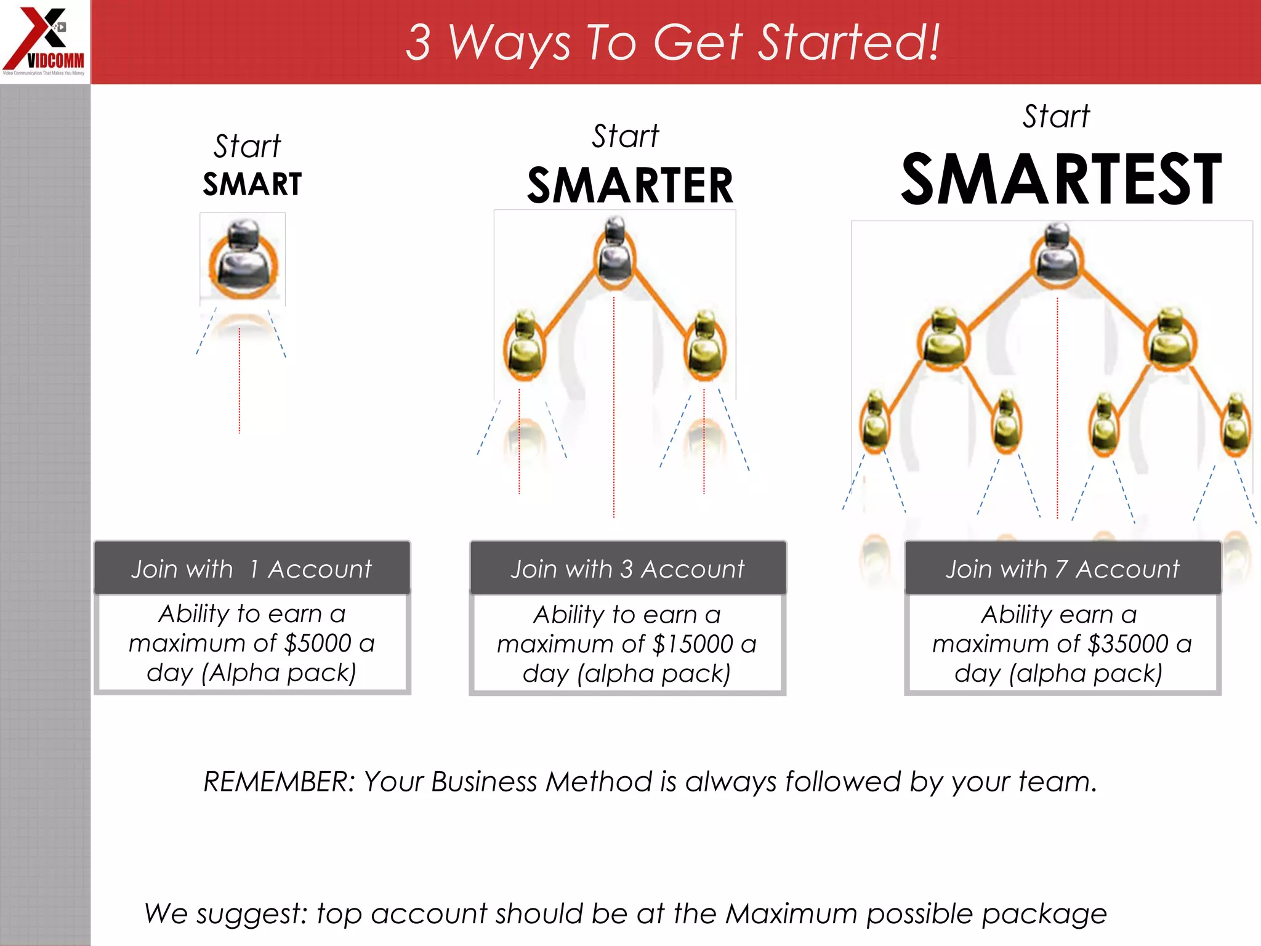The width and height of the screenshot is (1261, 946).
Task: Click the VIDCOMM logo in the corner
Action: [x=44, y=41]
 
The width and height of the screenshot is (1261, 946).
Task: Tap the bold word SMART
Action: [x=252, y=184]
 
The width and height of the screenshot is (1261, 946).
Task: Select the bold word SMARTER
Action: [x=630, y=186]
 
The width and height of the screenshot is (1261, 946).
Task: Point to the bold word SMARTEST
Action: [x=1060, y=179]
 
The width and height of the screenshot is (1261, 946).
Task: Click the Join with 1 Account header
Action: [x=252, y=569]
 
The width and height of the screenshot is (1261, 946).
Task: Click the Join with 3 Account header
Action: [x=627, y=569]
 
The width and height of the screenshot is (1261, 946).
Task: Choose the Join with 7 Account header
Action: [x=1062, y=569]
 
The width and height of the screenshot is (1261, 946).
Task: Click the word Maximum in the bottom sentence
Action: [x=791, y=913]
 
